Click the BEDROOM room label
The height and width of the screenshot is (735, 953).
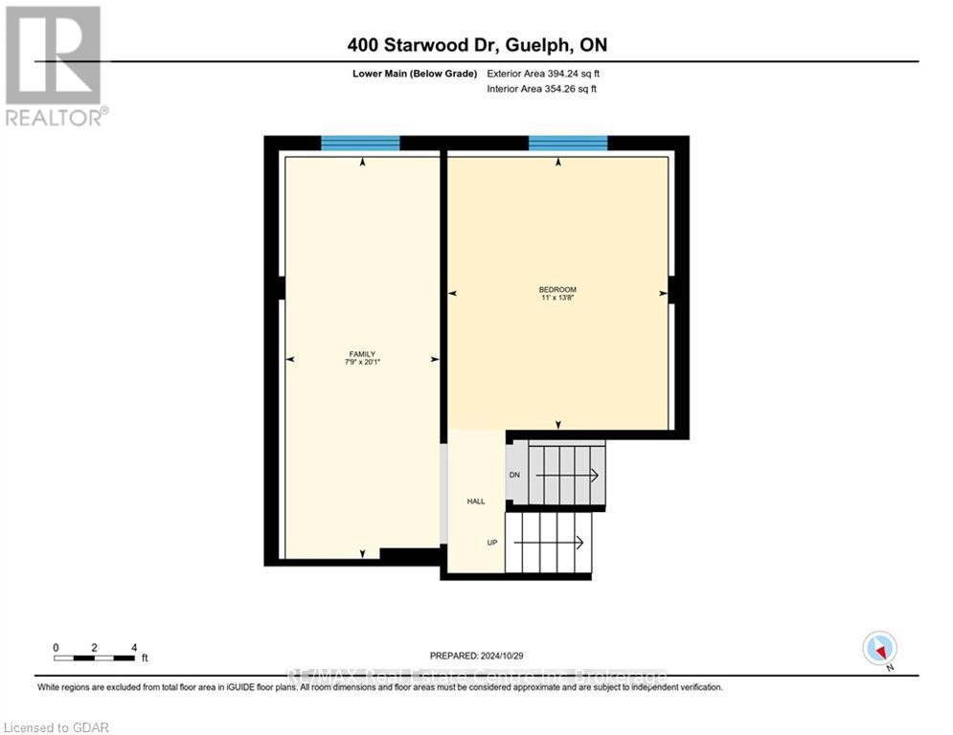[x=558, y=289]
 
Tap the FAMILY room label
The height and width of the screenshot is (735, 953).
[x=361, y=354]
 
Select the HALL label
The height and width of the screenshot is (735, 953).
[x=476, y=501]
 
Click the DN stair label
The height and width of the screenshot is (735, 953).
[x=514, y=475]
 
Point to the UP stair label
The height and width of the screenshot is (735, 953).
[x=492, y=543]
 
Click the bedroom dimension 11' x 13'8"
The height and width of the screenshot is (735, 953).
[x=558, y=298]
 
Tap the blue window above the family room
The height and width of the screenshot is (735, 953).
[x=360, y=144]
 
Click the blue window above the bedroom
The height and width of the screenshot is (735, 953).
[x=568, y=144]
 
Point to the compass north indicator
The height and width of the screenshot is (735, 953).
[x=878, y=649]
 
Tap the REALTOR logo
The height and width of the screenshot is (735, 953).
[x=55, y=65]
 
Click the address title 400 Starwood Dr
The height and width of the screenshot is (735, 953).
[x=476, y=45]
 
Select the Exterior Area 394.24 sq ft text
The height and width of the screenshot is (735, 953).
[x=543, y=74]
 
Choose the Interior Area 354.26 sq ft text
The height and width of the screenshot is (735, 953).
[x=541, y=89]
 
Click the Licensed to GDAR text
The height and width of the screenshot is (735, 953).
[x=57, y=727]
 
